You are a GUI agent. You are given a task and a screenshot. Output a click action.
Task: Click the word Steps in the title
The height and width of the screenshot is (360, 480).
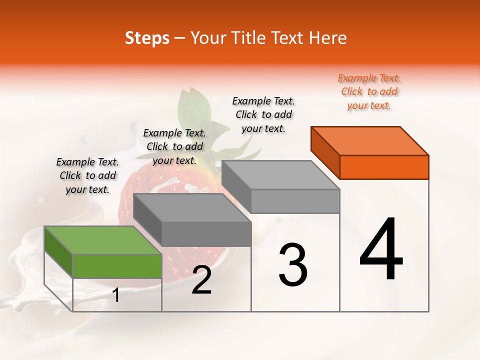point(147,38)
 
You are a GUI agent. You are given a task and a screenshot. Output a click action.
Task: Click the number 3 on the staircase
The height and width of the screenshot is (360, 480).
point(293,264)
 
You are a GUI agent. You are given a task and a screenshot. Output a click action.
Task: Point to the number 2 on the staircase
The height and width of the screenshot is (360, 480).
point(201,280)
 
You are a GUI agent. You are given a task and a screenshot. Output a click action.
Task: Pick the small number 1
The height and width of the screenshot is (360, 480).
point(116,295)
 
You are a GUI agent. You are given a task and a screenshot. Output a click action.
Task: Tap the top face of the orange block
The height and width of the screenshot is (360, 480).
point(370,140)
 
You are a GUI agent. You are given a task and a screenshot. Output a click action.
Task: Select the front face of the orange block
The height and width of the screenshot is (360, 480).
point(384,167)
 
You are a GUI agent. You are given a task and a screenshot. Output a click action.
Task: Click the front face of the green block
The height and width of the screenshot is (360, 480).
point(117,266)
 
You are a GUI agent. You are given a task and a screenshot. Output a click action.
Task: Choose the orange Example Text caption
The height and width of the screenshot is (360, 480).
point(369,92)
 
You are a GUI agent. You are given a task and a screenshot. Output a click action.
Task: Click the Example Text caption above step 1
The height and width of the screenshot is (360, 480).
point(87,176)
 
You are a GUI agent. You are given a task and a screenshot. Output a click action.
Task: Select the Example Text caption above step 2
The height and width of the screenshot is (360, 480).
point(174,147)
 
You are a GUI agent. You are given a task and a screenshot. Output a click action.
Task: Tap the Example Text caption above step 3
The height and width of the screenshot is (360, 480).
point(263,115)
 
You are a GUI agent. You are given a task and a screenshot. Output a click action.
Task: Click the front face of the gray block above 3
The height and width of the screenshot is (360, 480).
point(295,201)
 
